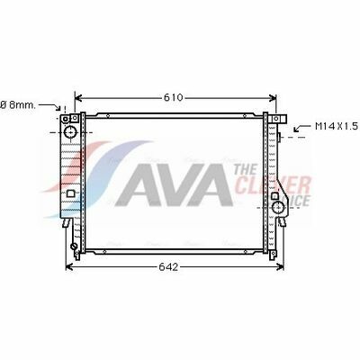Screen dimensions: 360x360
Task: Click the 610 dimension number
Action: pos(173,97)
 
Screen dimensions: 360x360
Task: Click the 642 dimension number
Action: pos(168,267)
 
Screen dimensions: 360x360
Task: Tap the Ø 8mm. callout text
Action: pos(18,105)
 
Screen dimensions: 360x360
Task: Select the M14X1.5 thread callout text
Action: pos(337,126)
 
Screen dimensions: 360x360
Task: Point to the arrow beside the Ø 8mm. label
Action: pos(50,106)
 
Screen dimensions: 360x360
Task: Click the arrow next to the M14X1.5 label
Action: pos(302,128)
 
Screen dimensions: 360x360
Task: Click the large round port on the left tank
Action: pos(71,132)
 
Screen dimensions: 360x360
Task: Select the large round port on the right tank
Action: pos(278,207)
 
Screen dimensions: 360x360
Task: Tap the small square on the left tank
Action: pos(71,193)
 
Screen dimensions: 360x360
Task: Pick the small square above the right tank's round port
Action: pos(274,196)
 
